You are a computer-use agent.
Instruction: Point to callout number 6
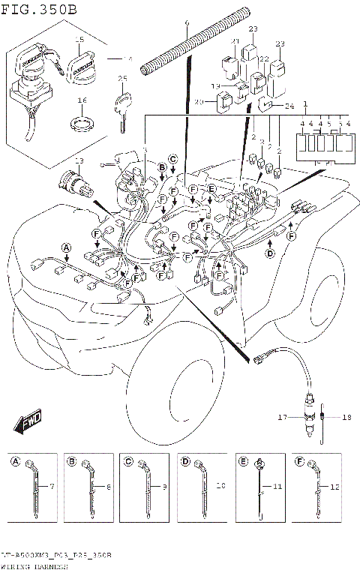tap(186, 24)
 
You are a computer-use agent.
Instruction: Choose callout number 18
tap(346, 417)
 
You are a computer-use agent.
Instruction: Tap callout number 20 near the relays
tap(199, 102)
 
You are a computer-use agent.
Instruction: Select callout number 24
tap(290, 106)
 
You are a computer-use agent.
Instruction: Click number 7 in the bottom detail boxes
tap(52, 487)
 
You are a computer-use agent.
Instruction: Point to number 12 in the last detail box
tap(335, 487)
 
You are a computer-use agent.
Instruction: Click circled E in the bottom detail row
tap(245, 460)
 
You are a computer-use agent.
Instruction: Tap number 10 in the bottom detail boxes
tap(220, 487)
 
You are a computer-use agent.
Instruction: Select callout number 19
tap(214, 86)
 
